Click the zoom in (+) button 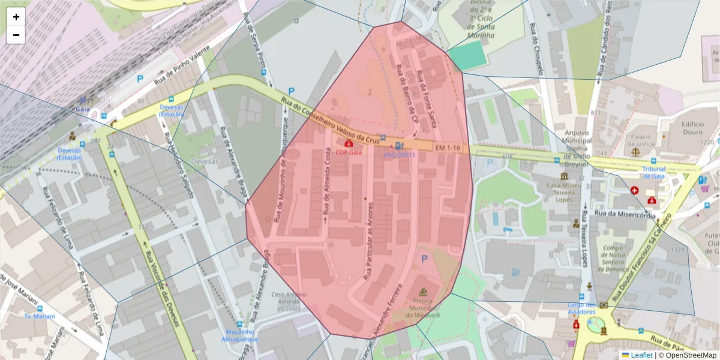point(16,17)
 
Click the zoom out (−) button point(16,35)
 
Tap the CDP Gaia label point(349,152)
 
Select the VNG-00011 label point(400,155)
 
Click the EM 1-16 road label point(448,148)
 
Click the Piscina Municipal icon point(424,292)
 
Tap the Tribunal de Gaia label point(654,173)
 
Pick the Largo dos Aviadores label point(582,308)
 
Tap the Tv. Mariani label point(40,316)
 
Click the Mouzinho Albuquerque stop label point(241,335)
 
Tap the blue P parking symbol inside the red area point(425,259)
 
